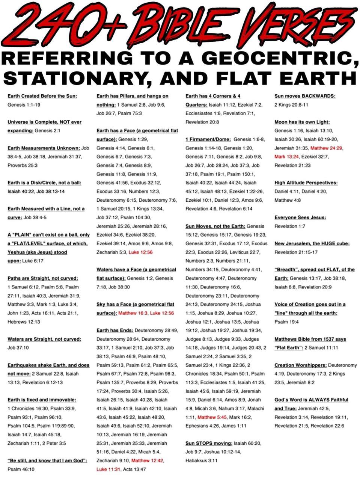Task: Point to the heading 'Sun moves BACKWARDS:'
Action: click(x=305, y=96)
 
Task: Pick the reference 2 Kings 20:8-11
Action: click(x=291, y=105)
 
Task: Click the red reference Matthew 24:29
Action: click(x=326, y=148)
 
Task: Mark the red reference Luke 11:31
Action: click(x=108, y=469)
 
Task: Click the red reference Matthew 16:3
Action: click(x=133, y=313)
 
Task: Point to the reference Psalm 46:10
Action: click(x=21, y=469)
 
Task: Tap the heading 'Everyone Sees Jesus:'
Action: click(x=300, y=217)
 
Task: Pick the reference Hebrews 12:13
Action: click(x=24, y=322)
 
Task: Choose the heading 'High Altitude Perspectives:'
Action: click(x=306, y=183)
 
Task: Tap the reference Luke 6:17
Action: click(x=33, y=261)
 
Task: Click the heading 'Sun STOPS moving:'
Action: click(x=209, y=443)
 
